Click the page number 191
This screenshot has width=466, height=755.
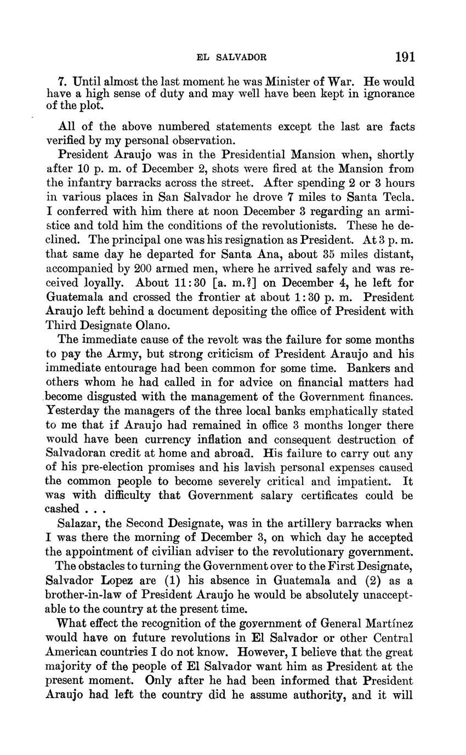(404, 56)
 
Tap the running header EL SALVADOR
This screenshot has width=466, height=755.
(231, 57)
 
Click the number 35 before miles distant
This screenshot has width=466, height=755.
(314, 255)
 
